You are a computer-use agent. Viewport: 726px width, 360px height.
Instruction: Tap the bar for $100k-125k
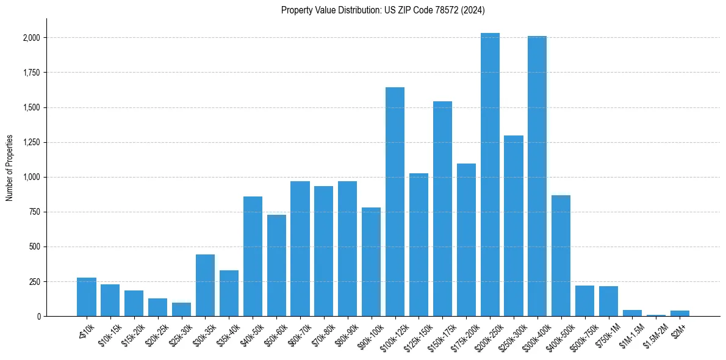(x=395, y=201)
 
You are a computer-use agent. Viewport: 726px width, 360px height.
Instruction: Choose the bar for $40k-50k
(x=253, y=256)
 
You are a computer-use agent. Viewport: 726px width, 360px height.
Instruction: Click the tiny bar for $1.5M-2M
(x=656, y=315)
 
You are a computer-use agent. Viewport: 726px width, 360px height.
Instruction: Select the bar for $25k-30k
(x=181, y=309)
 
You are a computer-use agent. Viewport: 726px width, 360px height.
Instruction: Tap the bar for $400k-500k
(x=561, y=256)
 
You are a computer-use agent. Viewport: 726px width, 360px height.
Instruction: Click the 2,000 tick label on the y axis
(x=31, y=38)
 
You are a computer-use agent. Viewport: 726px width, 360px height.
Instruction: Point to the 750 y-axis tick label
(x=35, y=212)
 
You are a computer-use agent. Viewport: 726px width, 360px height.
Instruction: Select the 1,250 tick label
(x=31, y=143)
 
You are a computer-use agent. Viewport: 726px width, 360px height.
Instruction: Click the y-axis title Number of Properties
(x=9, y=168)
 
